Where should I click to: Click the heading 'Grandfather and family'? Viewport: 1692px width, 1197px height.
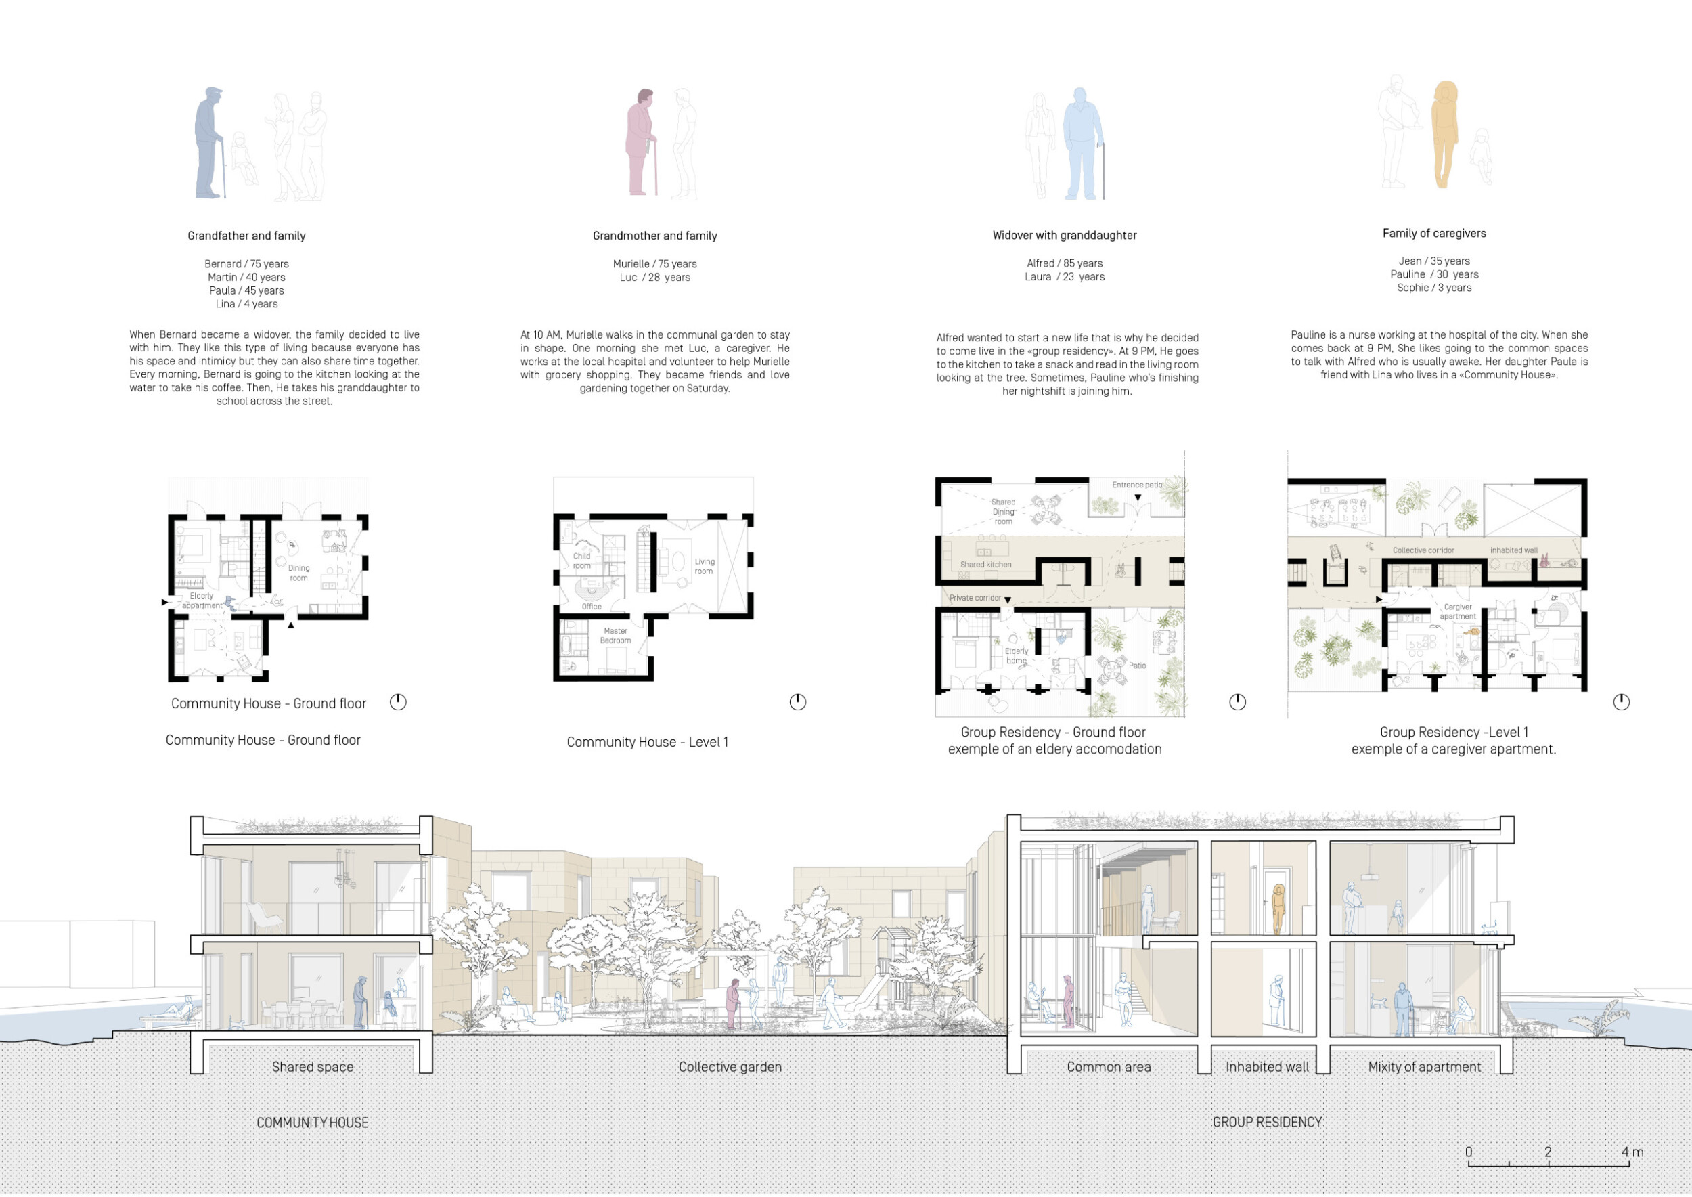pyautogui.click(x=246, y=236)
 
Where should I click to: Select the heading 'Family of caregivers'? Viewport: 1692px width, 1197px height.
pyautogui.click(x=1434, y=233)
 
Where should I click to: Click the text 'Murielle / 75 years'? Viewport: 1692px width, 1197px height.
pyautogui.click(x=654, y=264)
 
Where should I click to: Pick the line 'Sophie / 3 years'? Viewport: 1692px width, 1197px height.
pyautogui.click(x=1434, y=288)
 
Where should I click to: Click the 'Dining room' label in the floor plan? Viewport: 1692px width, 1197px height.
pyautogui.click(x=298, y=573)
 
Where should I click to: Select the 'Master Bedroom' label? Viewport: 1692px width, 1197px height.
pyautogui.click(x=615, y=635)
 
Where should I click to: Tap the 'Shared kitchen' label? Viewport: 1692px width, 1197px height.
pyautogui.click(x=985, y=565)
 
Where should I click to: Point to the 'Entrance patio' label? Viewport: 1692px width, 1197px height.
pyautogui.click(x=1136, y=485)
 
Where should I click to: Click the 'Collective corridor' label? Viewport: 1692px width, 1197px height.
pyautogui.click(x=1423, y=550)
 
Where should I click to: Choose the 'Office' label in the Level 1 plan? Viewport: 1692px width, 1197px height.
pyautogui.click(x=592, y=607)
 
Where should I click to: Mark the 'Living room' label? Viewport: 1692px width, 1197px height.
pyautogui.click(x=704, y=566)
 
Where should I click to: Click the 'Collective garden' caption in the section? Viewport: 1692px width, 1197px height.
pyautogui.click(x=730, y=1066)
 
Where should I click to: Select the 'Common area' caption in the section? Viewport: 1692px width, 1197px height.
pyautogui.click(x=1109, y=1066)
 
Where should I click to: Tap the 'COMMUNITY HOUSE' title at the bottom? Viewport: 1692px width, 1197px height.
pyautogui.click(x=313, y=1123)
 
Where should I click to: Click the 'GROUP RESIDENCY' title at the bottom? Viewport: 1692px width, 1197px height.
pyautogui.click(x=1267, y=1122)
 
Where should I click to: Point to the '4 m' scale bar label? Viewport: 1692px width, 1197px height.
pyautogui.click(x=1632, y=1152)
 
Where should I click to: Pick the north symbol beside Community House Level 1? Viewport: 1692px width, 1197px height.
pyautogui.click(x=797, y=701)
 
